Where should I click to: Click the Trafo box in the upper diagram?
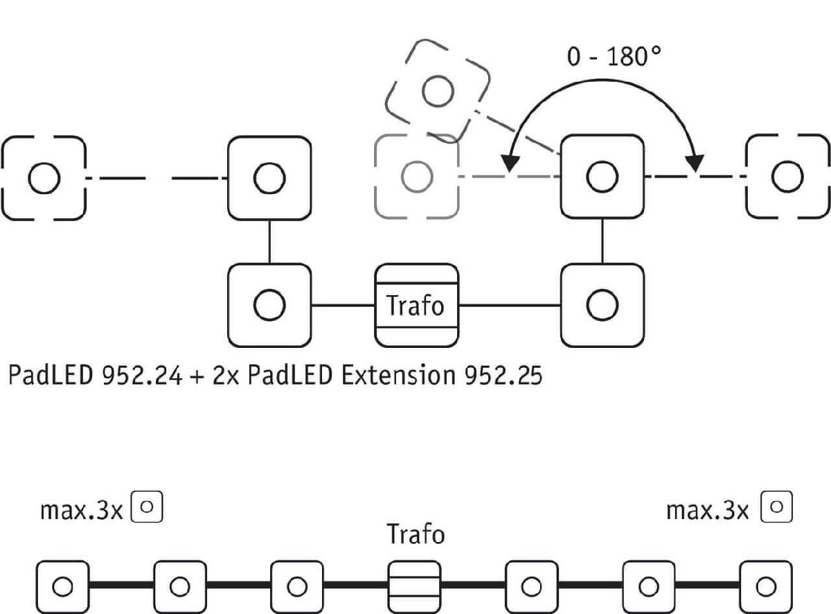point(416,305)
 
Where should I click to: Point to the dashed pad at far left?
point(44,177)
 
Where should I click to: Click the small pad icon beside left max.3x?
point(147,507)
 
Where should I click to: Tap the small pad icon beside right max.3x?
point(776,507)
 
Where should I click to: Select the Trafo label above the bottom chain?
point(415,535)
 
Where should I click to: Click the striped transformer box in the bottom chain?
point(414,586)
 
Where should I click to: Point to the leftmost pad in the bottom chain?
point(62,586)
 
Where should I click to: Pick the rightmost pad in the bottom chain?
point(765,586)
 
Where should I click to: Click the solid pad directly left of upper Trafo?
point(269,305)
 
